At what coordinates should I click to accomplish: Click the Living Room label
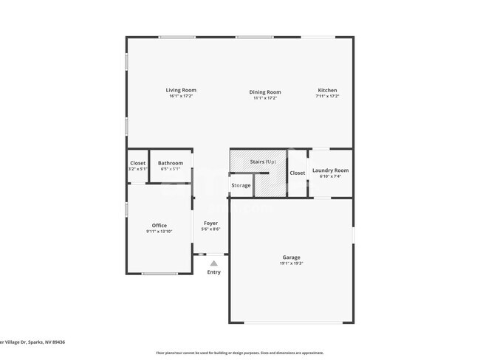pos(181,91)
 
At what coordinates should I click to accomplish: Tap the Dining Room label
pos(264,92)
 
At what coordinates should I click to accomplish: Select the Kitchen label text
pos(327,91)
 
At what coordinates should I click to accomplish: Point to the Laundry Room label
pos(330,170)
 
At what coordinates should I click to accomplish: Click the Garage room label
pos(290,257)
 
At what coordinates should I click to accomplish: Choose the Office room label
pos(160,226)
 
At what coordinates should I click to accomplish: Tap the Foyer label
pos(210,223)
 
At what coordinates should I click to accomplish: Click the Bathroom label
pos(171,163)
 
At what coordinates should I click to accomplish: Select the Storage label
pos(241,185)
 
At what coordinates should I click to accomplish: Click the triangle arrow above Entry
pos(213,263)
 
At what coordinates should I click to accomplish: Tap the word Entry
pos(213,272)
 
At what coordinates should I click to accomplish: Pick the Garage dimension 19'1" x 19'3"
pos(290,263)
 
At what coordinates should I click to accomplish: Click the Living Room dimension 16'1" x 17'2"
pos(181,97)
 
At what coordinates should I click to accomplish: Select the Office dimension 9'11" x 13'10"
pos(160,232)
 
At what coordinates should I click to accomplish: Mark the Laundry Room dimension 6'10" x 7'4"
pos(330,176)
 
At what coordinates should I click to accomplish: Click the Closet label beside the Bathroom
pos(138,163)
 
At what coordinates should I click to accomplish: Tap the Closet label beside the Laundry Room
pos(297,173)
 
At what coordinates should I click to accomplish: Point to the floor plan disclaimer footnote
pos(239,353)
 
